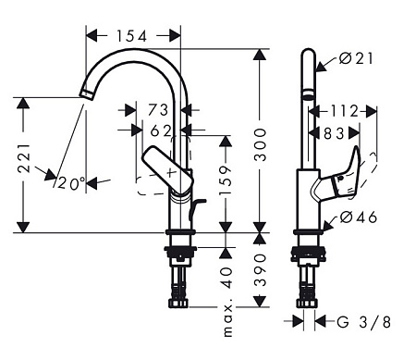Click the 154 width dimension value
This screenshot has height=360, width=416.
click(131, 36)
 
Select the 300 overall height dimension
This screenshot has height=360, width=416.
click(260, 145)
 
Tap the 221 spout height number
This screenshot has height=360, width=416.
click(24, 158)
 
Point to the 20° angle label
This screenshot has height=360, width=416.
click(71, 184)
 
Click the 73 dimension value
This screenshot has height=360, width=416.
click(158, 110)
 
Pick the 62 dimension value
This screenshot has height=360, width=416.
click(160, 131)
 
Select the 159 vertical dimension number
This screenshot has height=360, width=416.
click(226, 180)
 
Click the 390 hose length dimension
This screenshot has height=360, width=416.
click(260, 270)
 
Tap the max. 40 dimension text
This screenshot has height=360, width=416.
click(227, 302)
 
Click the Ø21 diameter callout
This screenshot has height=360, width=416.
click(356, 58)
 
